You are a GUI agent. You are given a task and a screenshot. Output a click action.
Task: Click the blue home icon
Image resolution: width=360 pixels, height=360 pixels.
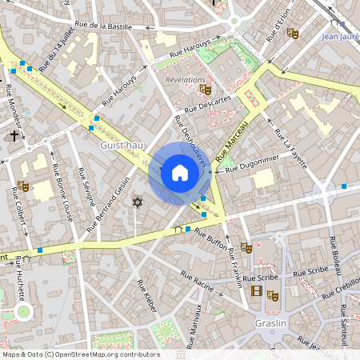(180, 173)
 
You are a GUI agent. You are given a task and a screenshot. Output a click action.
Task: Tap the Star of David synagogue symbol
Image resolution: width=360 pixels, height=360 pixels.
(137, 202)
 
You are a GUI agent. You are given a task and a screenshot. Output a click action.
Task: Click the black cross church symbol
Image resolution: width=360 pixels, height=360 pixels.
(14, 136)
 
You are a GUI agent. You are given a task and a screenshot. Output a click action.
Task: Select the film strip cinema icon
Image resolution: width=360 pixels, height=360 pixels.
(257, 291)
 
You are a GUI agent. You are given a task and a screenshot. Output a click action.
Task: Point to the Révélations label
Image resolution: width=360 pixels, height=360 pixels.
(185, 81)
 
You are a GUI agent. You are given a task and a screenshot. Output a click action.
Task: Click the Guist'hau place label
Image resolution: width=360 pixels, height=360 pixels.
(122, 145)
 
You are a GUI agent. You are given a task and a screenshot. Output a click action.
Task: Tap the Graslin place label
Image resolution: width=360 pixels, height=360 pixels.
(271, 323)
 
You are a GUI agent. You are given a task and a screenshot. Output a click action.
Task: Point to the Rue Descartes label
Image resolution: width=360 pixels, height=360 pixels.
(207, 104)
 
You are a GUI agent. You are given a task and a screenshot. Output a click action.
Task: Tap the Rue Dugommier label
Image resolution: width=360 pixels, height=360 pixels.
(254, 166)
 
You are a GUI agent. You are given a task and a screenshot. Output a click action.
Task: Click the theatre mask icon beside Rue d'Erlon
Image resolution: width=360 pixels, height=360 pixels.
(293, 34)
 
